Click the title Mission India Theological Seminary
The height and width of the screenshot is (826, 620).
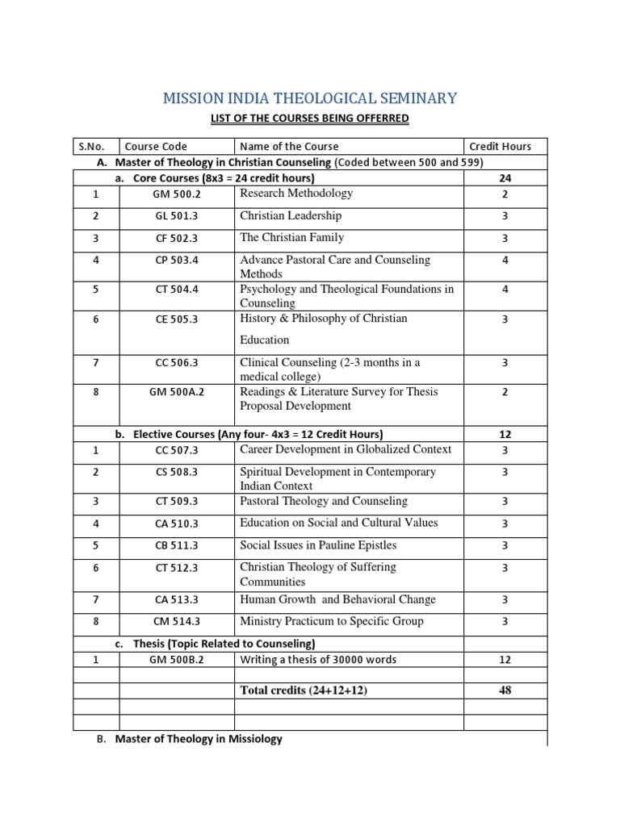tap(310, 98)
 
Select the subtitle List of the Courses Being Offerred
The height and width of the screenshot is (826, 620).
tap(310, 119)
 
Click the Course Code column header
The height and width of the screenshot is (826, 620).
tap(156, 146)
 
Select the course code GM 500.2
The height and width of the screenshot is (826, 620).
tap(175, 194)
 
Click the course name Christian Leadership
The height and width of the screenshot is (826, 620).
tap(291, 215)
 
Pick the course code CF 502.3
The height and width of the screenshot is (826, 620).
tap(175, 239)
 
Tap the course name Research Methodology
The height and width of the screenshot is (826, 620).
tap(296, 194)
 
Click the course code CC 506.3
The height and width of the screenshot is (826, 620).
tap(175, 364)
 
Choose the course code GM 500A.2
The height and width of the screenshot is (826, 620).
tap(175, 392)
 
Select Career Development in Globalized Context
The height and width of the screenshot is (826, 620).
tap(346, 449)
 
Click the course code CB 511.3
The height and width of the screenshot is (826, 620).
tap(175, 546)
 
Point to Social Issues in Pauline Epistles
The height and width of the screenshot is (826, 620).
tap(318, 545)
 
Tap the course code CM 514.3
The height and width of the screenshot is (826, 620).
tap(175, 622)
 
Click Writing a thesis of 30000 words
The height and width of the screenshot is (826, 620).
tap(318, 660)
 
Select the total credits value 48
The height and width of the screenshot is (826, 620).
tap(505, 690)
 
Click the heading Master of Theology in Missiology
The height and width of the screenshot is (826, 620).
tap(199, 738)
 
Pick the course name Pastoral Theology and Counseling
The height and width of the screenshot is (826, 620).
tap(324, 501)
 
